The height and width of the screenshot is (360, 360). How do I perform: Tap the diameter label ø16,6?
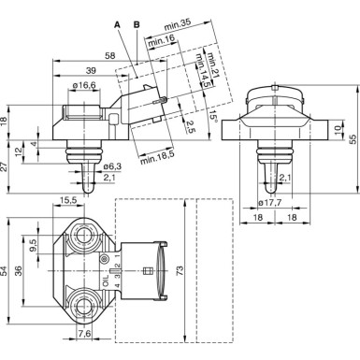click(x=86, y=86)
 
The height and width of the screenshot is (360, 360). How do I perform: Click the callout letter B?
click(x=137, y=22)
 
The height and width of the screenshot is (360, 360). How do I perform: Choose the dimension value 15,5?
click(x=69, y=201)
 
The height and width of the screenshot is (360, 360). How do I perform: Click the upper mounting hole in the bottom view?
click(x=82, y=234)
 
